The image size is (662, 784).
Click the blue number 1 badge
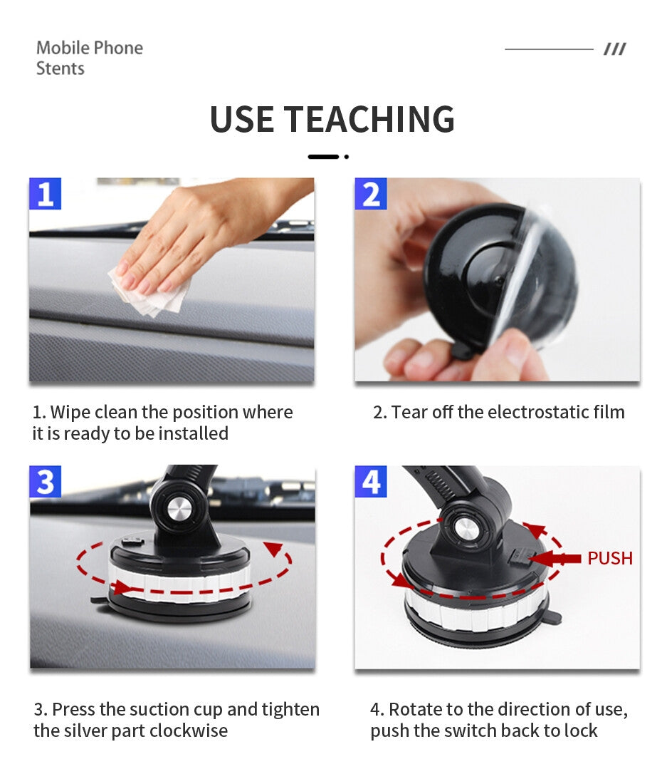pos(45,193)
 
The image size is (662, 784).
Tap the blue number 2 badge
pos(370,193)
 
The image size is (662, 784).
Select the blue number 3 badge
pos(45,482)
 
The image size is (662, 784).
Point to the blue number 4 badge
pos(370,482)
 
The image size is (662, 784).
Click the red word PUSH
pos(609,558)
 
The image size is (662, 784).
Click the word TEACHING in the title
pos(369,120)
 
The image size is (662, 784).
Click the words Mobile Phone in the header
pos(90,48)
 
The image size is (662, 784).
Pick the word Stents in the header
pos(60,68)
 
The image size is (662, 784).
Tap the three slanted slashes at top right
pos(614,49)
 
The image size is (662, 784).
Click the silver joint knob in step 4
pos(464,531)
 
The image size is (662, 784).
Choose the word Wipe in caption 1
pos(69,413)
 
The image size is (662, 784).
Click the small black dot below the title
pos(347,157)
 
